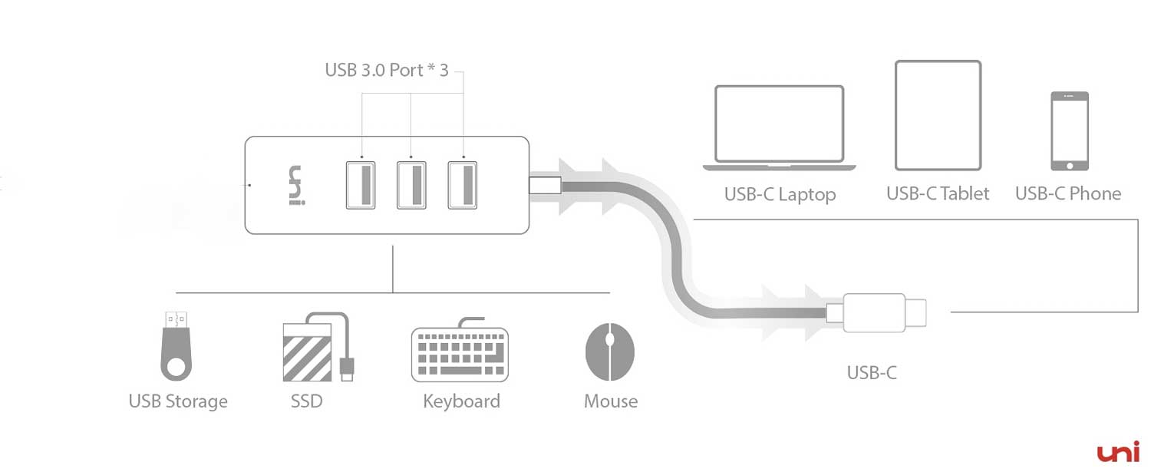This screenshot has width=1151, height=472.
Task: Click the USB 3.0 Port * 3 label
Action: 386,70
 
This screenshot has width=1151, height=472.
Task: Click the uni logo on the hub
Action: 295,186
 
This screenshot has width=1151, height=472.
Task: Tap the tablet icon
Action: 938,115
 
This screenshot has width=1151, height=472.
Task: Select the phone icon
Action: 1069,130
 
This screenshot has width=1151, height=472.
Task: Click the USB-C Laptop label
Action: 780,194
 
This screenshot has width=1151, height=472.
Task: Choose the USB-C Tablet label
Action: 938,193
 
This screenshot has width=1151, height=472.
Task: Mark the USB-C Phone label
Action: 1068,193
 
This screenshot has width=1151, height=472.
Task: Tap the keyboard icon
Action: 460,352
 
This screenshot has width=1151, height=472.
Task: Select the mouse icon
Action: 610,352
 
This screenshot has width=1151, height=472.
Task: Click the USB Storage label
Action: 178,401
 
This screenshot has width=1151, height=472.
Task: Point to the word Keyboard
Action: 461,401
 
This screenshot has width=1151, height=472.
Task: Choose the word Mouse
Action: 611,401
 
